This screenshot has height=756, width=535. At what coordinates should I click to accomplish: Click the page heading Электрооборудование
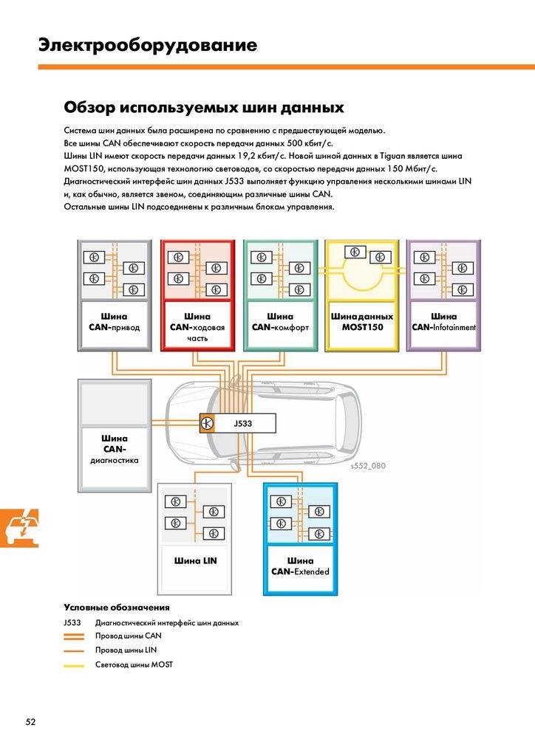point(148,46)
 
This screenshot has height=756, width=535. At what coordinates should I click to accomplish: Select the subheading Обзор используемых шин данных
point(204,108)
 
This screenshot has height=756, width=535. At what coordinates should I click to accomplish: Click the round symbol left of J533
point(207,423)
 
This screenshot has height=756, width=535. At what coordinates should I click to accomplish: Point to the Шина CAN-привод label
point(114,322)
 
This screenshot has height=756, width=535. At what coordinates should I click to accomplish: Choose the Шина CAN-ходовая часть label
point(197,327)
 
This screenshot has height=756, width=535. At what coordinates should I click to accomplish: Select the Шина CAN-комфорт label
point(280,322)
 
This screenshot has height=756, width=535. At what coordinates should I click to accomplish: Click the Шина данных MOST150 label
point(362,322)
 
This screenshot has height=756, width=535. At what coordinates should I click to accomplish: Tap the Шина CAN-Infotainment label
point(443,322)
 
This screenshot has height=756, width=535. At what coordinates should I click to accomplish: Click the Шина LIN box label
point(196,560)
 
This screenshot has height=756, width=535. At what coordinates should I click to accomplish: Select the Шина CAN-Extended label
point(300,566)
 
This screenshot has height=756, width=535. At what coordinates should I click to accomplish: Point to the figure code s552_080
point(368,466)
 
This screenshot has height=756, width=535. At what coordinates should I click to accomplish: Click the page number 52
point(30,721)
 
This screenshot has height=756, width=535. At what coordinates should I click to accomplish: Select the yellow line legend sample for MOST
point(74,665)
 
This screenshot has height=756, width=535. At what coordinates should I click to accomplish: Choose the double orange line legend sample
point(74,636)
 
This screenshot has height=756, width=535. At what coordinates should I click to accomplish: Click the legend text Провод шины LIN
point(126,650)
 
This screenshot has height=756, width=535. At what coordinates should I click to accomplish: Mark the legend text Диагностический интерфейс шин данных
point(167,622)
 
